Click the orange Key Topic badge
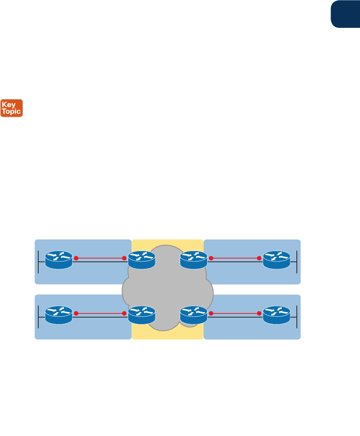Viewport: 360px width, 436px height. click(x=12, y=108)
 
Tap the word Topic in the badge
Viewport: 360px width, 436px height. click(x=12, y=111)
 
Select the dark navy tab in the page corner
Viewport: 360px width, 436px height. click(x=345, y=14)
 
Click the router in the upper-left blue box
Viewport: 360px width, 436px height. click(x=58, y=260)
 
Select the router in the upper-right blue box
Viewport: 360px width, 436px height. click(x=276, y=260)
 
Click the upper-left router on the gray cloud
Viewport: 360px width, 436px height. click(x=142, y=260)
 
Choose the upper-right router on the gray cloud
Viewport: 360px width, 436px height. click(x=194, y=260)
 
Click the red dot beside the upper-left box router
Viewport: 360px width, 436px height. click(x=76, y=258)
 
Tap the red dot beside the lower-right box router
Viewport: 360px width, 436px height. click(x=259, y=313)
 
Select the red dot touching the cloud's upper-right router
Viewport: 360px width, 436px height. click(x=211, y=258)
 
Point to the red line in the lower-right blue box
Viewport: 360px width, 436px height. click(x=235, y=313)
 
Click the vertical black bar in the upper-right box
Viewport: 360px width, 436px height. click(x=297, y=262)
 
